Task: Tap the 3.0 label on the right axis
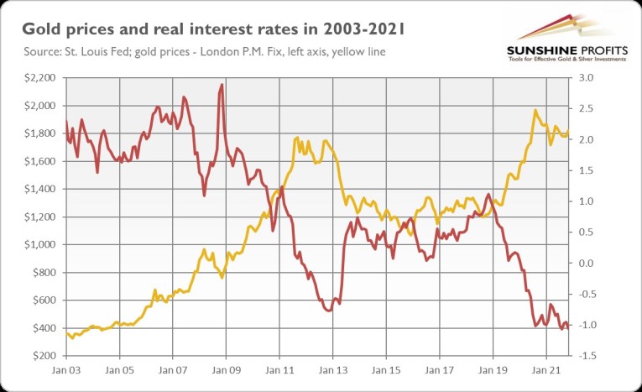[x=586, y=78]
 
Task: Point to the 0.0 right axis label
[x=586, y=264]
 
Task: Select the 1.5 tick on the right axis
[x=586, y=170]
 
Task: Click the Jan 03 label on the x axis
[x=65, y=369]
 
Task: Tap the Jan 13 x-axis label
[x=332, y=369]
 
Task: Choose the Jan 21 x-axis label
[x=546, y=369]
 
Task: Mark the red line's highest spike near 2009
[x=222, y=85]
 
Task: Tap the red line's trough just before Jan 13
[x=328, y=311]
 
